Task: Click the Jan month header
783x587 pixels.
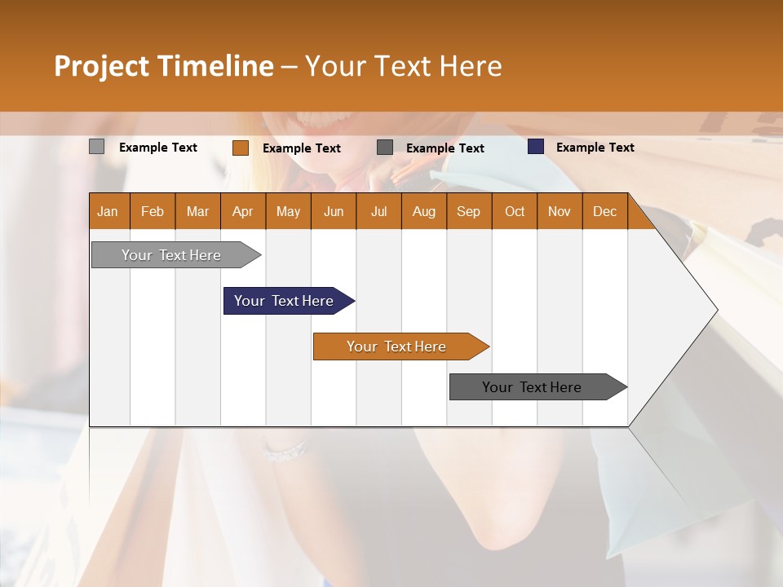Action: coord(108,211)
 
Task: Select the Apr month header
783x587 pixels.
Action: coord(242,211)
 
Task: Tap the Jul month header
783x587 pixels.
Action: coord(378,211)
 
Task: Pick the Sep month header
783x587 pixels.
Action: coord(468,211)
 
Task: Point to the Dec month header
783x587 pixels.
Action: coord(604,211)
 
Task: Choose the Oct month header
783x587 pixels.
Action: coord(514,211)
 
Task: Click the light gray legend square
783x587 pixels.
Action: coord(96,147)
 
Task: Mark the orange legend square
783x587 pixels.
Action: coord(240,148)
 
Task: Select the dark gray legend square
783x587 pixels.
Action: coord(385,147)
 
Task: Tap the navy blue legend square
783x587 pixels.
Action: coord(535,147)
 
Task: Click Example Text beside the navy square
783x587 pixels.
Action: coord(595,147)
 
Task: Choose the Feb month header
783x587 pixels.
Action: coord(152,211)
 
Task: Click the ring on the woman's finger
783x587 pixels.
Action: coord(286,451)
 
